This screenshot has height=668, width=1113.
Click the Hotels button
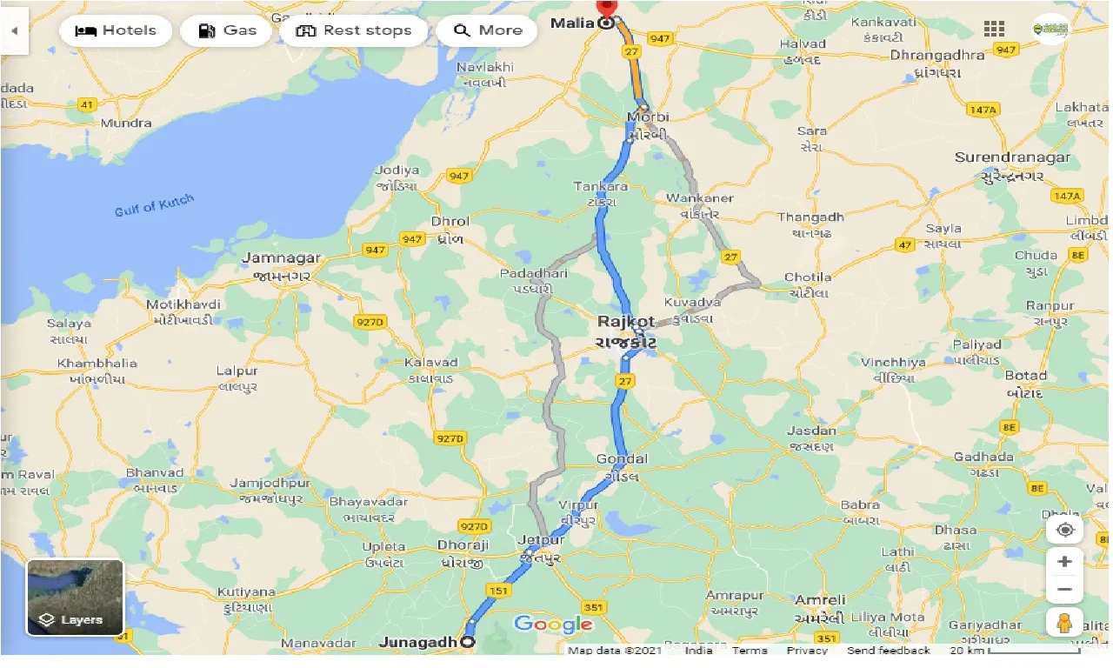[x=116, y=30]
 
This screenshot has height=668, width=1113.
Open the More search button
[x=487, y=30]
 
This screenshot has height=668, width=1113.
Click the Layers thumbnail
[x=76, y=598]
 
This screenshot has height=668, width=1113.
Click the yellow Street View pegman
[x=1064, y=623]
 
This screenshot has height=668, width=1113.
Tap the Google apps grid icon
[x=994, y=29]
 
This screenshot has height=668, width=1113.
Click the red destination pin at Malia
[x=606, y=9]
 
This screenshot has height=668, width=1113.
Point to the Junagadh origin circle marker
[x=468, y=643]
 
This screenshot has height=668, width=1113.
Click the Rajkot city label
[x=626, y=322]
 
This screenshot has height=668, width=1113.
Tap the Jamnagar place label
[x=280, y=258]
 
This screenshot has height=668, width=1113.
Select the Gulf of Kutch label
[x=154, y=206]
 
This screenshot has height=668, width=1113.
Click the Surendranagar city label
[x=1012, y=158]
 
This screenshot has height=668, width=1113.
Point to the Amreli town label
[x=820, y=600]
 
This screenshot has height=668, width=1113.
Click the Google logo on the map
[x=553, y=624]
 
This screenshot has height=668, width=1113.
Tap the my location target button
[x=1064, y=530]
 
